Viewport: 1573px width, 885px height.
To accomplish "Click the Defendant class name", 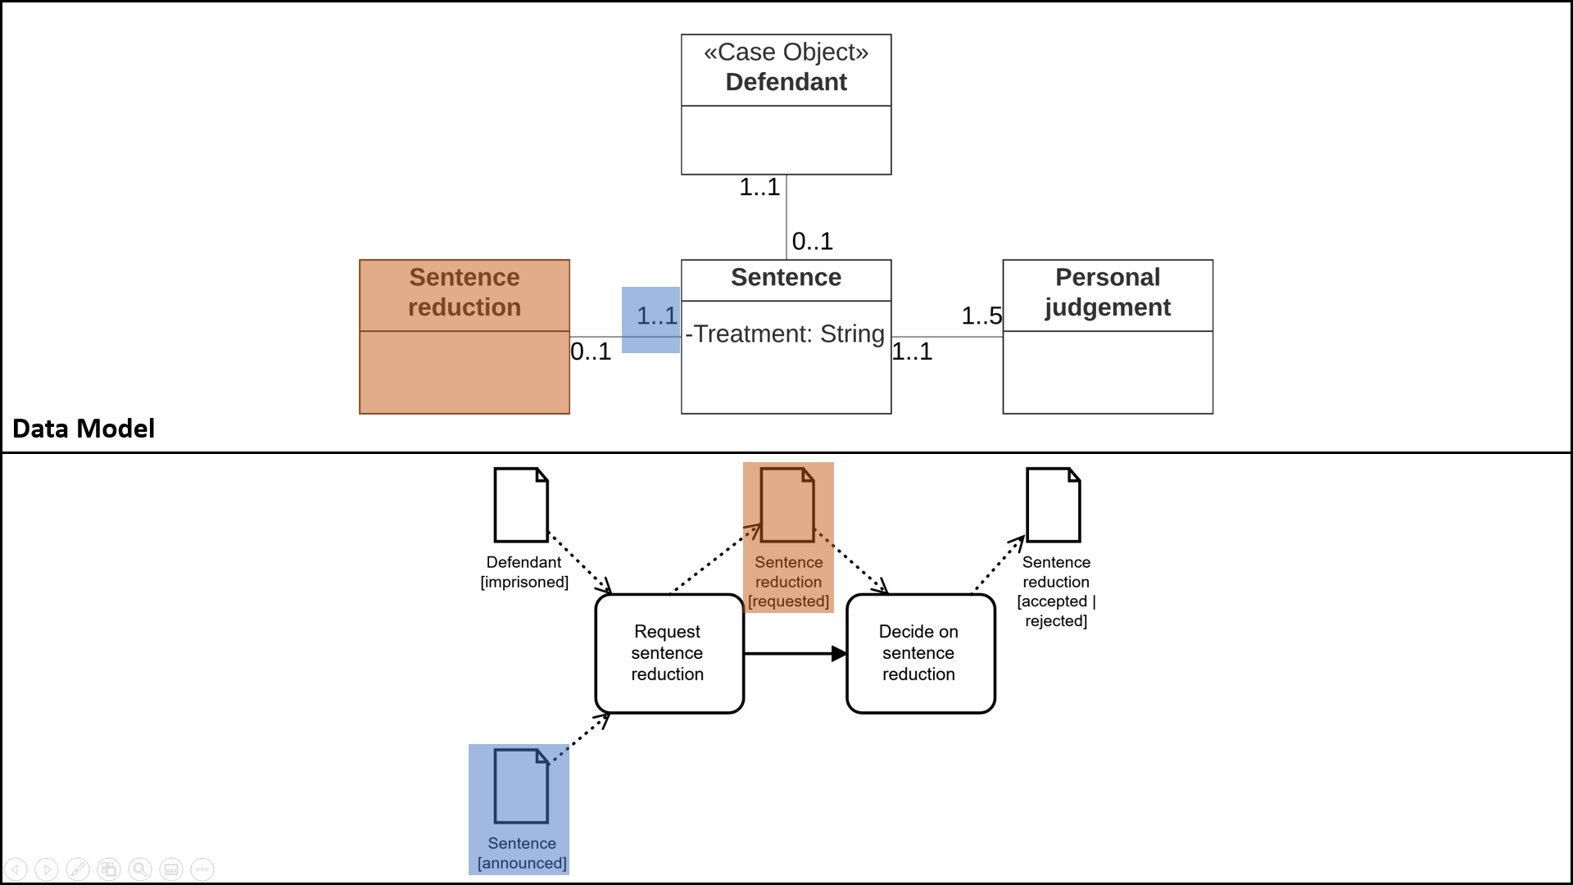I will click(786, 82).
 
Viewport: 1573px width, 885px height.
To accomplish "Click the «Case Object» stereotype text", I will click(786, 52).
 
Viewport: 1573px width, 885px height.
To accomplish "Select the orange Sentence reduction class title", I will click(465, 292).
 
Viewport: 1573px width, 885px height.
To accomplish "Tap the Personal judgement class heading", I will click(1108, 292).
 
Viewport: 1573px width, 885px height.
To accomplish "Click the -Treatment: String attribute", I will click(786, 334).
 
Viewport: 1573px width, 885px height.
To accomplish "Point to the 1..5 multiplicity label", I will click(981, 315).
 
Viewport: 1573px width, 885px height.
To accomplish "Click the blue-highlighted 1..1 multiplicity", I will click(656, 315).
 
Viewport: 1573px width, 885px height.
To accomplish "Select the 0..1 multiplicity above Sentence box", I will click(812, 241).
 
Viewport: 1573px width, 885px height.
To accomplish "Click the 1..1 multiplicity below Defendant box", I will click(759, 187).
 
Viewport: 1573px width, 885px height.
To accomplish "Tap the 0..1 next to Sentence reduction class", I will click(591, 352).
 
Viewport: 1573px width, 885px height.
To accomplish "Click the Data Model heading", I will click(84, 429).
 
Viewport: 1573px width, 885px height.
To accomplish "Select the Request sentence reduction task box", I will click(669, 653).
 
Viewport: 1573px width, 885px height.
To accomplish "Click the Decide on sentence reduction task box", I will click(920, 653).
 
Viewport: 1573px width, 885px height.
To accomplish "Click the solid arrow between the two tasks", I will click(795, 653).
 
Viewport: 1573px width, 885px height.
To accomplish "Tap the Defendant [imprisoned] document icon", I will click(521, 505).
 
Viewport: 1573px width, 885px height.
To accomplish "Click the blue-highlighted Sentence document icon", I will click(521, 786).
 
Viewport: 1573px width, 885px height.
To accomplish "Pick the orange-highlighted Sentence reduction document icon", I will click(786, 505).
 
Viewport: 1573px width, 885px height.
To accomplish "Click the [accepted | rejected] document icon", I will click(1054, 505).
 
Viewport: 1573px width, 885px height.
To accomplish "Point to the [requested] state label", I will click(788, 601).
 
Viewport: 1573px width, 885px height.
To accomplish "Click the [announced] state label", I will click(522, 863).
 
